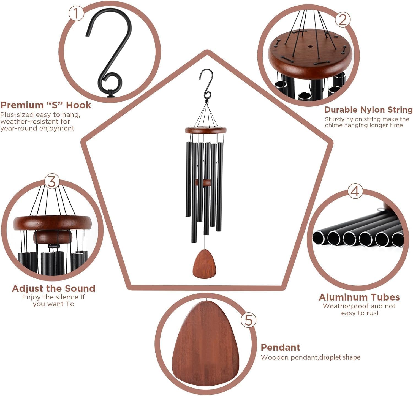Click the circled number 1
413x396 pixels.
(76, 14)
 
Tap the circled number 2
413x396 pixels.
(343, 20)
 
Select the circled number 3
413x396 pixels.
(52, 182)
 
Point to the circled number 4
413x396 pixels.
(355, 191)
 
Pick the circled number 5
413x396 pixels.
(248, 320)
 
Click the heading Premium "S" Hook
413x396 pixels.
(46, 105)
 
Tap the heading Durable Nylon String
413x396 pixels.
(369, 110)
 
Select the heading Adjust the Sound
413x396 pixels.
(53, 288)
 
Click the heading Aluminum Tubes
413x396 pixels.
(359, 297)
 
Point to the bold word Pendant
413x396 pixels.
(280, 347)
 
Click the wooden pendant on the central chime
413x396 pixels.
(204, 264)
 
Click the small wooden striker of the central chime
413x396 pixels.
(203, 182)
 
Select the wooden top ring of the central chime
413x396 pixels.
(206, 130)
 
